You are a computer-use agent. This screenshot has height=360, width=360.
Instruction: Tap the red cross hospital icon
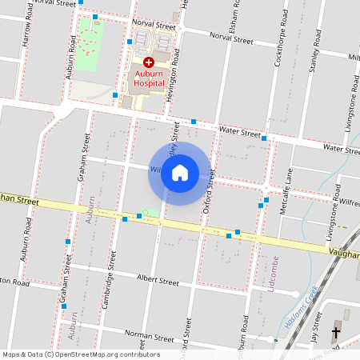(x=148, y=62)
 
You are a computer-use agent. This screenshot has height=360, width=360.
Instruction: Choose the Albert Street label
(x=158, y=281)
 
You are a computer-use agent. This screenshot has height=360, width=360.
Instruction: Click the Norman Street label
(x=149, y=338)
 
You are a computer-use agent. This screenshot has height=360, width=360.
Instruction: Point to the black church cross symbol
(x=335, y=330)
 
